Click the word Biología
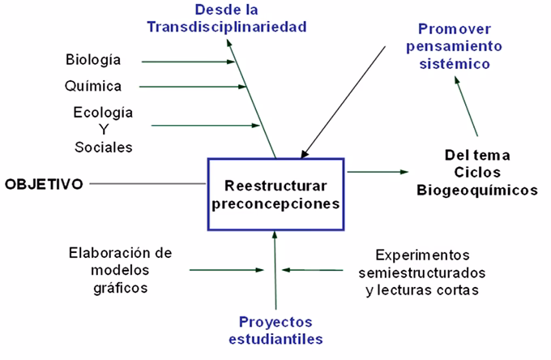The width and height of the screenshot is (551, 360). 93,60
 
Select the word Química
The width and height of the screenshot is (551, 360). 92,85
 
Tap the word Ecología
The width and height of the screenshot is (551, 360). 104,112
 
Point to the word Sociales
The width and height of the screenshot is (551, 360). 103,148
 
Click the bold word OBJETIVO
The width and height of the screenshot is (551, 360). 44,184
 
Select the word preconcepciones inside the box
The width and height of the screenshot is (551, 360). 275,203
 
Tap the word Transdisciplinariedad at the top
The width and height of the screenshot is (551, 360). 227,27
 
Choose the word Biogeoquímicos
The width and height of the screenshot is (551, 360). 477,191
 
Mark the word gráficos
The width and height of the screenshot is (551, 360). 121,288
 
